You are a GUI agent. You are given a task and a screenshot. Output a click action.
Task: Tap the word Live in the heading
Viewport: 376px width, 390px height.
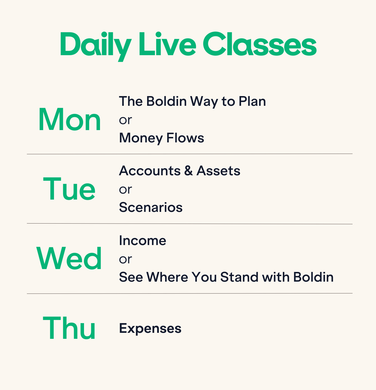167,44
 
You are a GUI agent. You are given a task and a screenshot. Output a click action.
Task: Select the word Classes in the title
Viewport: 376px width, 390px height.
260,44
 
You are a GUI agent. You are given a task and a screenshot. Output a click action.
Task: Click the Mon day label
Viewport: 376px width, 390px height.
69,120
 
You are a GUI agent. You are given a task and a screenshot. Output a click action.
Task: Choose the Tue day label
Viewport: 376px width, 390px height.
69,189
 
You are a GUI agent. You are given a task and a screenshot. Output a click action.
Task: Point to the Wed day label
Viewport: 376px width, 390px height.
69,258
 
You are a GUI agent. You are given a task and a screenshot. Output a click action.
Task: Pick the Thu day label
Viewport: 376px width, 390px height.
69,327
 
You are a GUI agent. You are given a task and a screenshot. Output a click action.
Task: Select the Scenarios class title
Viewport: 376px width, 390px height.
151,207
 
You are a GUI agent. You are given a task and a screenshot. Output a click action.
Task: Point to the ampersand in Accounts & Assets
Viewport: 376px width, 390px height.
188,171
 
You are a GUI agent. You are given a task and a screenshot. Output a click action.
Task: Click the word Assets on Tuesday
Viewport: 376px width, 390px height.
219,171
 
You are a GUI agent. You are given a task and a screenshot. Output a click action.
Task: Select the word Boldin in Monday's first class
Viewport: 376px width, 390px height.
167,101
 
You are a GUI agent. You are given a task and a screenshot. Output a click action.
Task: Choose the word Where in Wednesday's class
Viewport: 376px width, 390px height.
167,277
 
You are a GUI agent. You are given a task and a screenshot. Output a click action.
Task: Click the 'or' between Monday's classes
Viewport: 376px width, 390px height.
125,120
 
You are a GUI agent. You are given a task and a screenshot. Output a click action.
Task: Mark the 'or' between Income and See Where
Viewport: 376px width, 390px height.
125,259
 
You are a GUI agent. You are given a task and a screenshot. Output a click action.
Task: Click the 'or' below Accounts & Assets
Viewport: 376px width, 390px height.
125,190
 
